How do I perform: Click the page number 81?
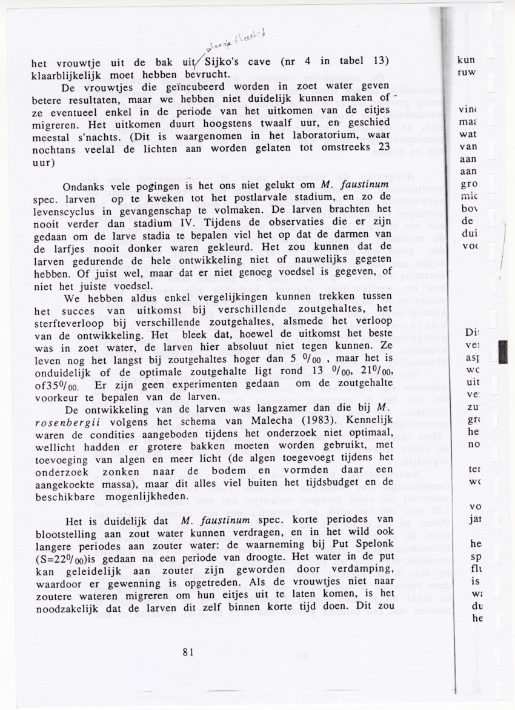pos(187,652)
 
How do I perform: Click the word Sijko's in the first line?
pos(225,62)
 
